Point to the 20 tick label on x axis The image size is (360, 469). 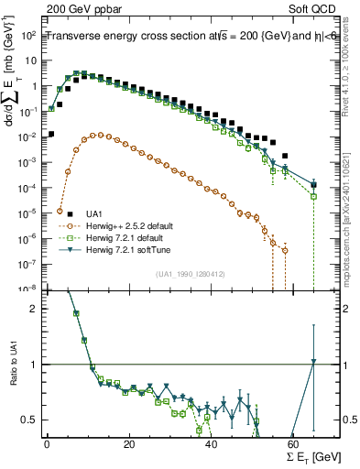pyautogui.click(x=129, y=444)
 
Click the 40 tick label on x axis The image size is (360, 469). pyautogui.click(x=212, y=444)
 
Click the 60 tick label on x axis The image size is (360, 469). pyautogui.click(x=293, y=444)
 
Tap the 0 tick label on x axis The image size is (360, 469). pyautogui.click(x=47, y=444)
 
